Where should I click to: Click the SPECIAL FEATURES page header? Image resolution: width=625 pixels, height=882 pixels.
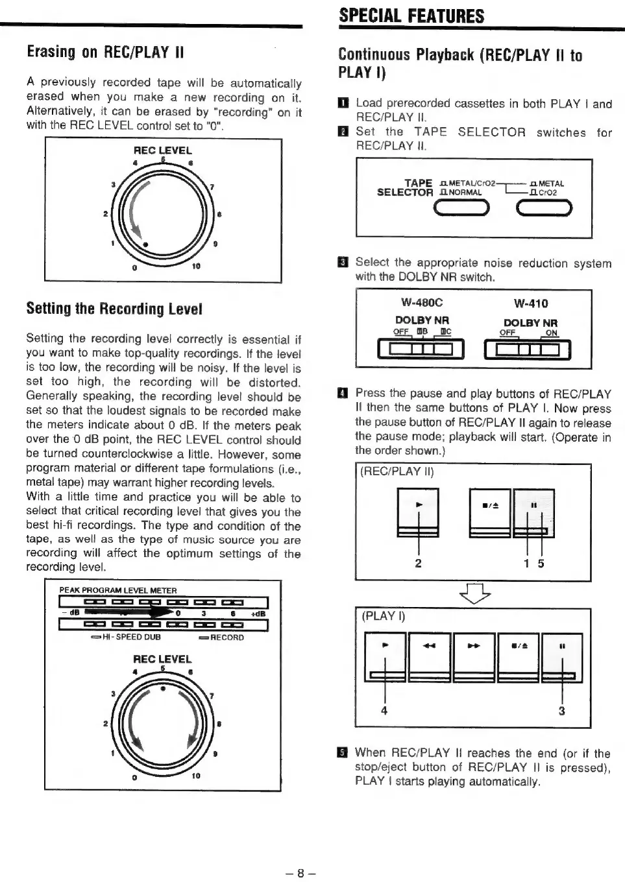click(411, 16)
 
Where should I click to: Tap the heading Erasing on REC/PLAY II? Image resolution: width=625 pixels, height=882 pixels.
click(105, 53)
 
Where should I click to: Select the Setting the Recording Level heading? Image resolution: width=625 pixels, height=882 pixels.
click(114, 309)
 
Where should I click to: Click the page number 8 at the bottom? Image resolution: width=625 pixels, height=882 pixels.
click(300, 873)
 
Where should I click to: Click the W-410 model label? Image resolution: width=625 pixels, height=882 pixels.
click(530, 304)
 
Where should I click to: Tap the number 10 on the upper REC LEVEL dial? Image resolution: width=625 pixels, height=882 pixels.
click(196, 266)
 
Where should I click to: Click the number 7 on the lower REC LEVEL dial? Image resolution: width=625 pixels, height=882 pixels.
click(212, 696)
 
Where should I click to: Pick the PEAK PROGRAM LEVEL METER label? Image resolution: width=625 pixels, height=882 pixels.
click(118, 590)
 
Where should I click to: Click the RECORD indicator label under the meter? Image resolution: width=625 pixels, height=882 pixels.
click(222, 637)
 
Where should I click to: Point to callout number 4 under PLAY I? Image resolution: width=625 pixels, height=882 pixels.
click(384, 711)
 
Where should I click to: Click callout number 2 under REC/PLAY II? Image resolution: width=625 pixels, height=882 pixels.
click(419, 563)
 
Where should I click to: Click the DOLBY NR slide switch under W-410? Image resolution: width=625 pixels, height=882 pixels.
click(528, 350)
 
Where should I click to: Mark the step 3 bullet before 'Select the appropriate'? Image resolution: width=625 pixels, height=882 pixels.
click(343, 263)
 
